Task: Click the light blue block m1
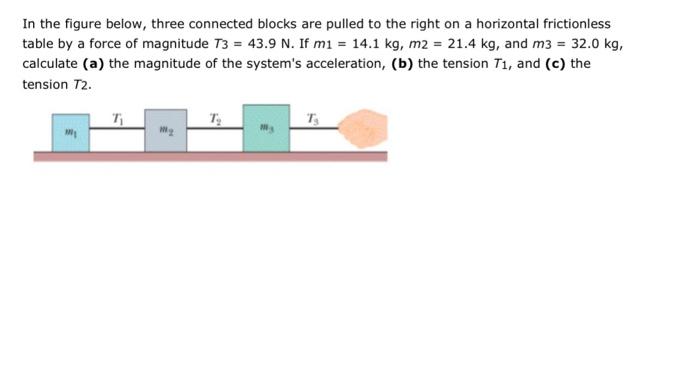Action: pyautogui.click(x=71, y=132)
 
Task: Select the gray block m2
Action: pyautogui.click(x=165, y=131)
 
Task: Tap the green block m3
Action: pyautogui.click(x=266, y=128)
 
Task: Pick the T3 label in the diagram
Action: pyautogui.click(x=313, y=117)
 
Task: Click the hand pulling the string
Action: pyautogui.click(x=362, y=130)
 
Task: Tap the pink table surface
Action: pyautogui.click(x=210, y=156)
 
